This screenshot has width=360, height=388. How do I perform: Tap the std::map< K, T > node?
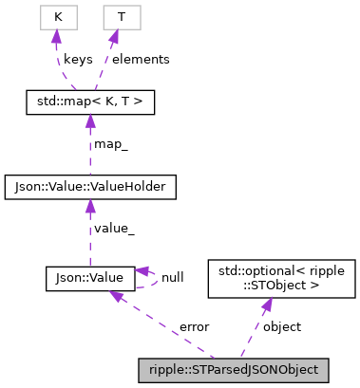pyautogui.click(x=89, y=100)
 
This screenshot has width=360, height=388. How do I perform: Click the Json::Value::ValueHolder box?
pyautogui.click(x=90, y=188)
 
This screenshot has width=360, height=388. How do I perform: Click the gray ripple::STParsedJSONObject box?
pyautogui.click(x=234, y=368)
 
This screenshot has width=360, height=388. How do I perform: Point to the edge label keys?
pyautogui.click(x=78, y=59)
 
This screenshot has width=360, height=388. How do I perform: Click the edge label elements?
pyautogui.click(x=141, y=59)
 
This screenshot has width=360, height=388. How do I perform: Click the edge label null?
pyautogui.click(x=172, y=278)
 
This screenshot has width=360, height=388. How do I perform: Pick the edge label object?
pyautogui.click(x=281, y=326)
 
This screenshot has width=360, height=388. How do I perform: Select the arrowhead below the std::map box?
pyautogui.click(x=90, y=119)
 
